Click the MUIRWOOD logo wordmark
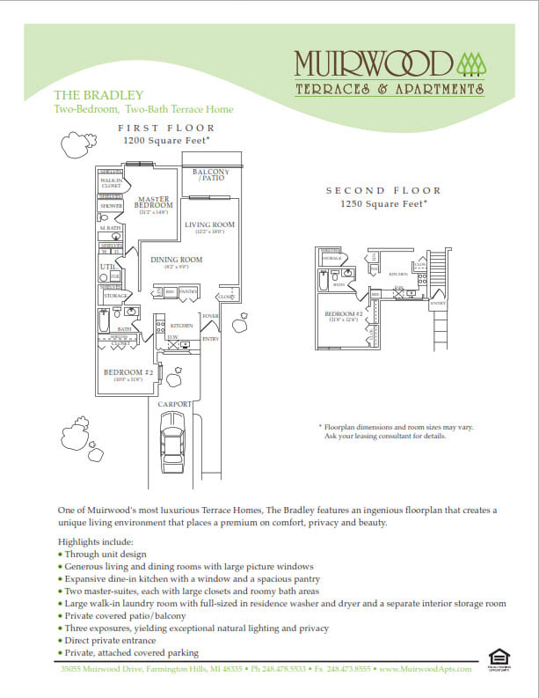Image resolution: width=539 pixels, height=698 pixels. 373,64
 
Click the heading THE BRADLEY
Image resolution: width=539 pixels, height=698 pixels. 86,95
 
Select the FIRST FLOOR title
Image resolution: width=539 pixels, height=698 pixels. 166,128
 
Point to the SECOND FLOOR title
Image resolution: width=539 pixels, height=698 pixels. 383,191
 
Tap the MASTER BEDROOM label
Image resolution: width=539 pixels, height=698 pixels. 155,202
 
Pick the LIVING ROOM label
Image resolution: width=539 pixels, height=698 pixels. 210,225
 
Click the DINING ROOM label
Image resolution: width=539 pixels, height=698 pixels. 176,260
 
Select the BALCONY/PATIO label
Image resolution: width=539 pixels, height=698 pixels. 212,174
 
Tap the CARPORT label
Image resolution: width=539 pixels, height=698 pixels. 173,404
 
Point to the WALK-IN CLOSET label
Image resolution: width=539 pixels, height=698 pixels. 111,183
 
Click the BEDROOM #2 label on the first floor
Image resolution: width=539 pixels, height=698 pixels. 128,372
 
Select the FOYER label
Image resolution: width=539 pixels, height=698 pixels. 210,315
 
